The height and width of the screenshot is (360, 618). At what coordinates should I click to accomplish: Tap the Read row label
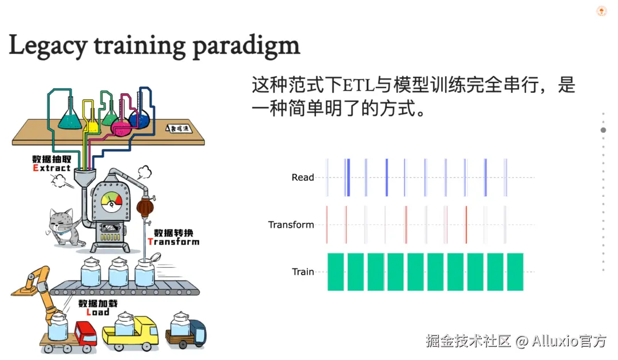point(303,177)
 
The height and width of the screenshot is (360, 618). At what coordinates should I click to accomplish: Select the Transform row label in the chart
point(291,225)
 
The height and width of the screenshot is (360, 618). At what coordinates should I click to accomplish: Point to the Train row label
point(303,272)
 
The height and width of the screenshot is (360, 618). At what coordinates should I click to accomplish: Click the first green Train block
point(335,271)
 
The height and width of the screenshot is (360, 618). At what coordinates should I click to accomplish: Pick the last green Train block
point(515,271)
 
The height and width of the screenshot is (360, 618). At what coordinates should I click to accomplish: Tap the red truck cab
point(85,333)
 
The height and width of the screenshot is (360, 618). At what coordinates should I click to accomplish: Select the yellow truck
point(130,330)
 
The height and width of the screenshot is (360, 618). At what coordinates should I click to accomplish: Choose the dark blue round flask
point(138,118)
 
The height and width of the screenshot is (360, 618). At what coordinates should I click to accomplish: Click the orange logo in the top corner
point(601,11)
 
